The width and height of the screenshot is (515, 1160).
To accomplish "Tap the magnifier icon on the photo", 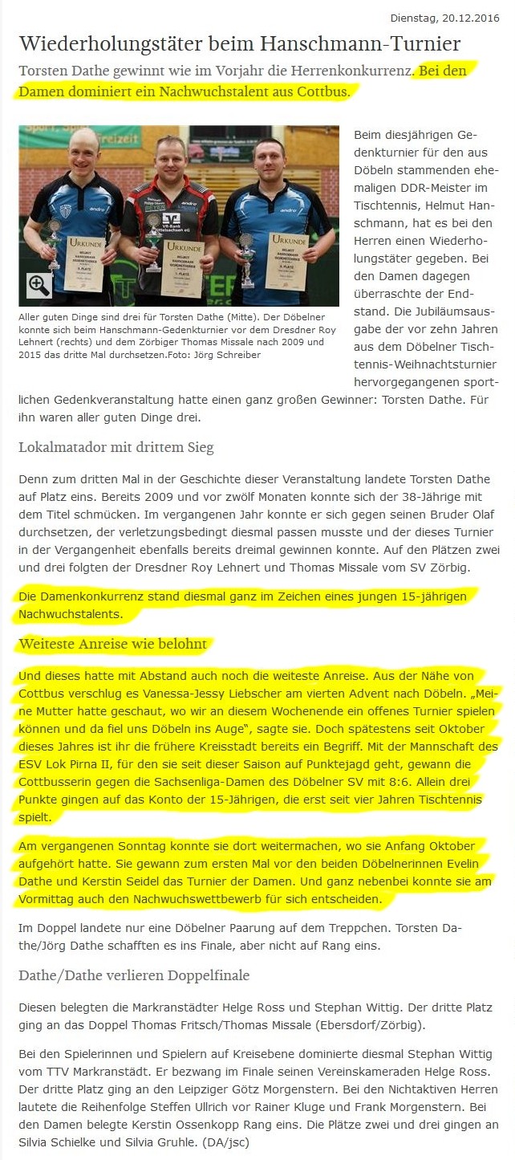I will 39,284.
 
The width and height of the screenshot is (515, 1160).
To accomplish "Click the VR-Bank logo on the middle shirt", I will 170,219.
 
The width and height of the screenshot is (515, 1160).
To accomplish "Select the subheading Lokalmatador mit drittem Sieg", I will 116,447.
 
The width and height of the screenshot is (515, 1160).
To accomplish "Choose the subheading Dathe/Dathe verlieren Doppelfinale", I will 134,975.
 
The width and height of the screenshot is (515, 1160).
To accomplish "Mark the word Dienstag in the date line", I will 413,18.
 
